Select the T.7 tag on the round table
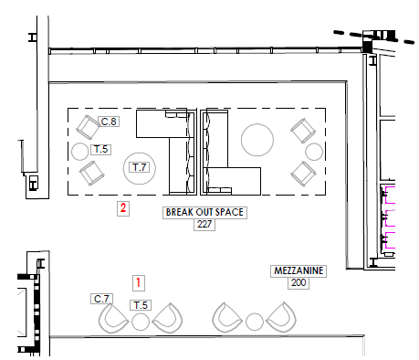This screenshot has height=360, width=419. click(x=140, y=167)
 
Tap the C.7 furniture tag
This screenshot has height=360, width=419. click(x=102, y=299)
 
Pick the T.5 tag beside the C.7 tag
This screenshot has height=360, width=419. click(x=141, y=304)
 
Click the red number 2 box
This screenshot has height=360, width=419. click(x=123, y=208)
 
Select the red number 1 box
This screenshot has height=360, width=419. click(x=139, y=282)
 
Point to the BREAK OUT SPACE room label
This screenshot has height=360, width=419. click(x=204, y=212)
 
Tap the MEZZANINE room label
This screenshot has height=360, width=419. click(x=299, y=271)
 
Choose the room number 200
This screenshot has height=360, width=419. click(x=299, y=283)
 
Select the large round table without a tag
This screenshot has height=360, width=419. click(x=257, y=140)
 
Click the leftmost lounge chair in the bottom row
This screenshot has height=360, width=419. click(x=114, y=319)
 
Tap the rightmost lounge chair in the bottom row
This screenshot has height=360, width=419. click(x=282, y=318)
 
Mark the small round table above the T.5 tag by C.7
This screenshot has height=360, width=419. click(x=141, y=322)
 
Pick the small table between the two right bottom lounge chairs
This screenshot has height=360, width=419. click(x=255, y=321)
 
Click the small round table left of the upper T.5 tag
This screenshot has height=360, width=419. click(x=80, y=150)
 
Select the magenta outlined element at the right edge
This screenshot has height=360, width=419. click(x=391, y=219)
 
